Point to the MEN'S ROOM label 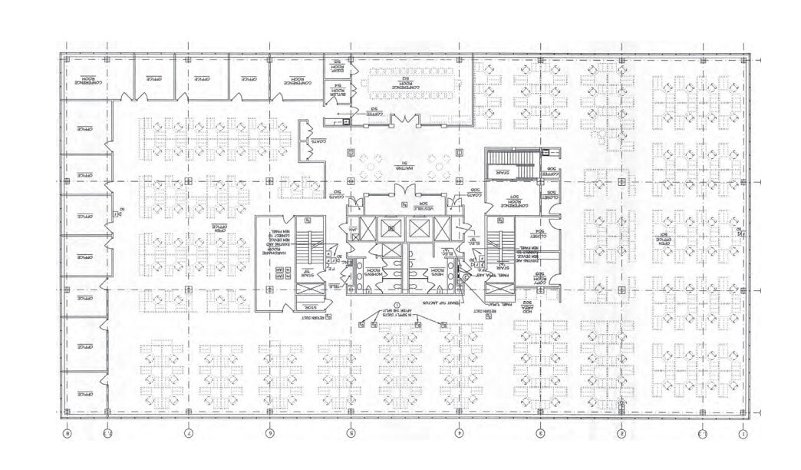(x=437, y=270)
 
